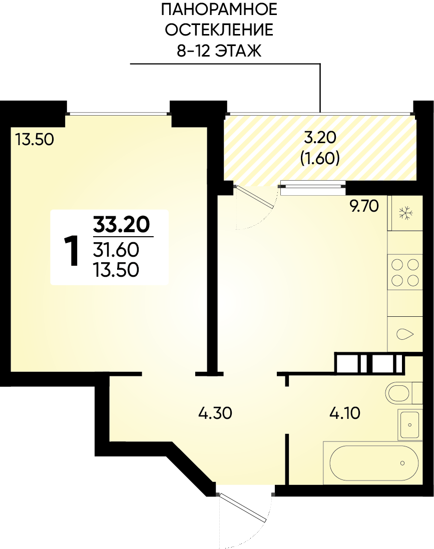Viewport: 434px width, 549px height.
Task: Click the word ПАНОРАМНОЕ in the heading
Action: (219, 10)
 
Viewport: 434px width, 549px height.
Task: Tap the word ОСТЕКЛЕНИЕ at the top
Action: (219, 30)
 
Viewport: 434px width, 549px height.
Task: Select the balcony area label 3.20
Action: (320, 138)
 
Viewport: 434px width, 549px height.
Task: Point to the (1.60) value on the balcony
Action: (320, 158)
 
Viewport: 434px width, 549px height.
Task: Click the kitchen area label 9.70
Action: (364, 206)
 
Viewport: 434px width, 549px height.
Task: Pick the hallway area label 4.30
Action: (215, 413)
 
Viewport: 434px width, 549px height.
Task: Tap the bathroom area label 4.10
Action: (345, 413)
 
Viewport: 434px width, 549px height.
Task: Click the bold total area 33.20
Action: (121, 224)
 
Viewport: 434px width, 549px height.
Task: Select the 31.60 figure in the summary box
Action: (116, 250)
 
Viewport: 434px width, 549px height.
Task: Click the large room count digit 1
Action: (72, 251)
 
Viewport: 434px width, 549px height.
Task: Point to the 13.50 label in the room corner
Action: (35, 139)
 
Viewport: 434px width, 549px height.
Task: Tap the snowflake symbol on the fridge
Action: (406, 213)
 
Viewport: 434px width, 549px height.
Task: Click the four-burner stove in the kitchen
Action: (405, 272)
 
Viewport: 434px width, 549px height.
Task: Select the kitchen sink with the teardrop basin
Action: (405, 334)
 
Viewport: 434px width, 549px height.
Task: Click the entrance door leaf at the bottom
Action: (243, 507)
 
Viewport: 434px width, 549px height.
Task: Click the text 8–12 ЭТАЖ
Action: (219, 51)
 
